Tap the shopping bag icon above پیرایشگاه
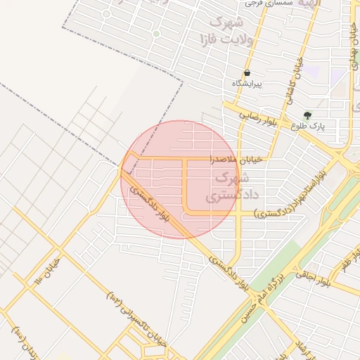(x=247, y=73)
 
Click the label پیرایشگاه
(x=247, y=84)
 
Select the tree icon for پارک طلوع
(x=307, y=115)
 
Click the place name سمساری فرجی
(x=263, y=4)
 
